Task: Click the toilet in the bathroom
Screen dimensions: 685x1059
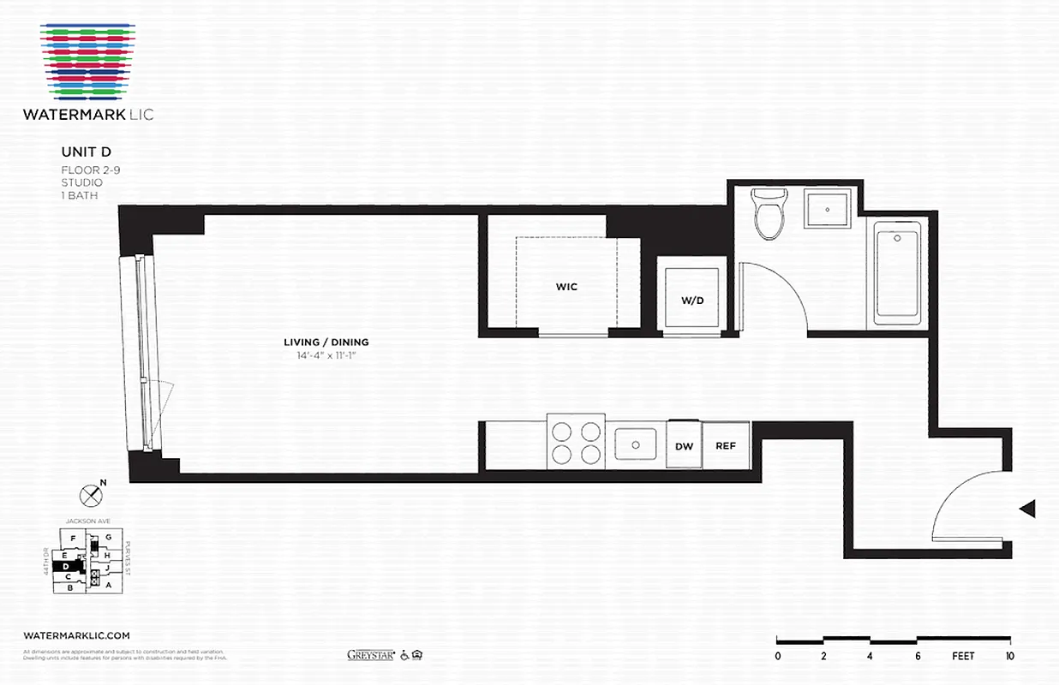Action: point(769,214)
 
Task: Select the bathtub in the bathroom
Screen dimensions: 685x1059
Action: point(897,274)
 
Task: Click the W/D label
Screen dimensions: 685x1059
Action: point(692,301)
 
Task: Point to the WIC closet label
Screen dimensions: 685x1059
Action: point(566,287)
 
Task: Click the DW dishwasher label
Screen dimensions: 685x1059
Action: point(684,446)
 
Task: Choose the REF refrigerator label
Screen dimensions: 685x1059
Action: point(726,446)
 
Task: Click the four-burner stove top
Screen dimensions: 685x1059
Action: point(575,443)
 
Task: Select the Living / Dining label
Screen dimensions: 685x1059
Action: point(326,342)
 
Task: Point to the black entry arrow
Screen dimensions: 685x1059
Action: point(1027,509)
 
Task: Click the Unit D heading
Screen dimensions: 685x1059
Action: point(81,152)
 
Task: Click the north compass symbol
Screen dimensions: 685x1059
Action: point(90,494)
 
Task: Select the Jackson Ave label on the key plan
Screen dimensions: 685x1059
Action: point(84,521)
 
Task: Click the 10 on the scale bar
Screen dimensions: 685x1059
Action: point(1010,657)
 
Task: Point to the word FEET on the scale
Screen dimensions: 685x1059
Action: point(964,657)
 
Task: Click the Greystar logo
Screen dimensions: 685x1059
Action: point(370,656)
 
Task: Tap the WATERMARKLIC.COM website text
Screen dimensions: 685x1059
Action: point(77,635)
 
